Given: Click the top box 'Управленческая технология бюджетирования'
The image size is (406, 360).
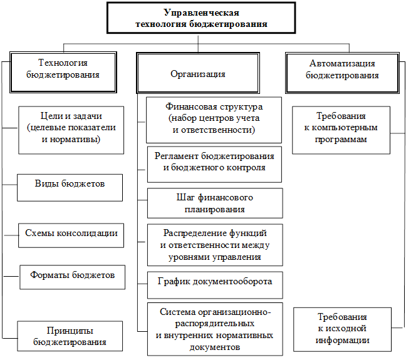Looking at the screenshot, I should (202, 18).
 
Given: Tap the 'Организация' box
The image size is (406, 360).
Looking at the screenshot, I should (198, 74).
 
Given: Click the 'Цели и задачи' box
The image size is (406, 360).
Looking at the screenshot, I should (70, 128).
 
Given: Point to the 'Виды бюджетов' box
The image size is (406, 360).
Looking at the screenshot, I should (70, 184).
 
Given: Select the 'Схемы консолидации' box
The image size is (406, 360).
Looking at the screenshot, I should (71, 233).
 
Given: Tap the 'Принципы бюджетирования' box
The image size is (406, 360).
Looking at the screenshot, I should (70, 335).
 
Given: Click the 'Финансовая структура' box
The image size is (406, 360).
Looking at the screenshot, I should (214, 118).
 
